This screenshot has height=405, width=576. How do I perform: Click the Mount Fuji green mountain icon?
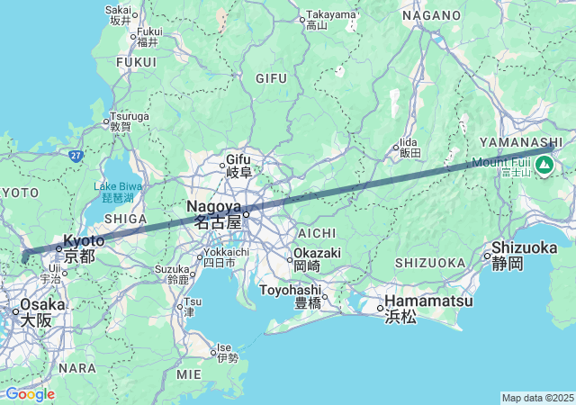point(544,165)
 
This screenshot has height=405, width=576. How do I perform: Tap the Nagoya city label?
point(214,213)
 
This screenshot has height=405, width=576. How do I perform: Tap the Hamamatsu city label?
point(427,308)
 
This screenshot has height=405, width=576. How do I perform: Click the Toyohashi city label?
point(291,296)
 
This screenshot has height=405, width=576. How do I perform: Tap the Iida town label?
point(409,147)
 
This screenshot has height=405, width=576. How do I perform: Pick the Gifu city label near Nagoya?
point(238,165)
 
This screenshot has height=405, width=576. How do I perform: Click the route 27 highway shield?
point(76,156)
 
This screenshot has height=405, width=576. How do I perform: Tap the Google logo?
point(30,394)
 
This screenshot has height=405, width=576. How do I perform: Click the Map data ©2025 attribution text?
point(536,398)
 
